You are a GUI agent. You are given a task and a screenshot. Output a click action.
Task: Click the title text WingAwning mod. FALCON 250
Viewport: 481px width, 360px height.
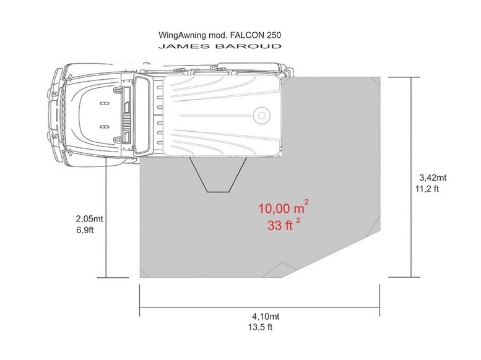[x=220, y=35]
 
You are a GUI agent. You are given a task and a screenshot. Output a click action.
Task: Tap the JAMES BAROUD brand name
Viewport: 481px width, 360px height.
[x=220, y=46]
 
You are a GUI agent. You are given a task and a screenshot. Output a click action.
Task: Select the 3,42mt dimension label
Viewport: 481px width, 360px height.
[x=433, y=178]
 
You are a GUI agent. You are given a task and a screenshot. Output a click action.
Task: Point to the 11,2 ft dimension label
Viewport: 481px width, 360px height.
[x=427, y=189]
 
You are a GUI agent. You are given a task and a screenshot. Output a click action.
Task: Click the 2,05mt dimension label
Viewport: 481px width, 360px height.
[x=89, y=218]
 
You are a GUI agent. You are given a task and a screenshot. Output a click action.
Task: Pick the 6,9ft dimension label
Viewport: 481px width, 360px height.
[x=85, y=229]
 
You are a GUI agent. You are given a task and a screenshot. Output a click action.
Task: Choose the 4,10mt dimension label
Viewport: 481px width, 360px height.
[x=266, y=316]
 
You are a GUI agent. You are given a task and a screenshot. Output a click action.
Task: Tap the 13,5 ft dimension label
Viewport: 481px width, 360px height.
[x=261, y=327]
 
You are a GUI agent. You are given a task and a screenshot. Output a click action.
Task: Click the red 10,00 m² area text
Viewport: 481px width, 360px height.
[x=283, y=208]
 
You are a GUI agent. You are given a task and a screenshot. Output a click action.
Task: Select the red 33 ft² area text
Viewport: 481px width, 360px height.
[x=284, y=225]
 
